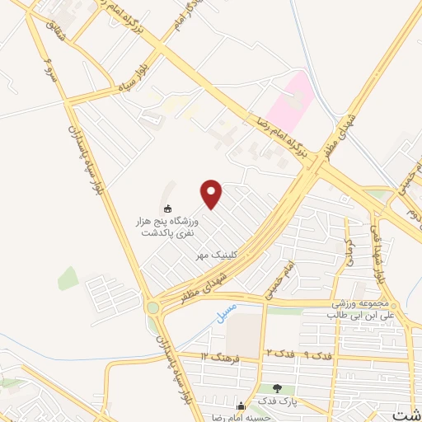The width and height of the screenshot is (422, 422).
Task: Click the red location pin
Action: (213, 194)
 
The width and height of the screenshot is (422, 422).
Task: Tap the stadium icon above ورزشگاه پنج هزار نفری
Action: (168, 209)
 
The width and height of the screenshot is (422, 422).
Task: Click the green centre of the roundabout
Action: (152, 308)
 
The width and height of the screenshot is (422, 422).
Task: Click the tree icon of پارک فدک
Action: (277, 389)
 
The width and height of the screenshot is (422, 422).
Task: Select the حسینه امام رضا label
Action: (238, 417)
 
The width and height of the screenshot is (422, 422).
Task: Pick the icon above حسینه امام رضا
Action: (241, 406)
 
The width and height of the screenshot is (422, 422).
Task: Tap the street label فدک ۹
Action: (316, 354)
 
